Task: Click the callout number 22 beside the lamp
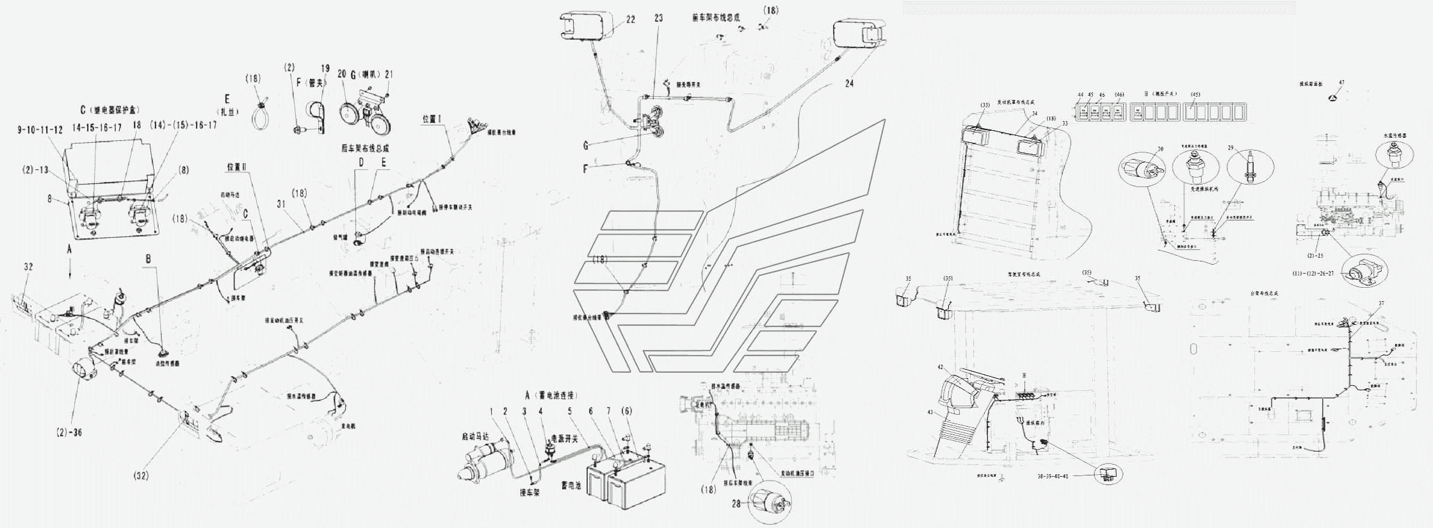coord(631,20)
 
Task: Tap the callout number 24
coord(849,83)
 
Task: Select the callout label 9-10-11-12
coord(40,130)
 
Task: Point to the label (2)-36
coord(69,433)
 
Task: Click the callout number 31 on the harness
coord(281,204)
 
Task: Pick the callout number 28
coord(736,504)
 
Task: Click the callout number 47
coord(1341,83)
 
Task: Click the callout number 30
coord(1160,149)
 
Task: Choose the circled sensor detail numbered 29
coord(1250,169)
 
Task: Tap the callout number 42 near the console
coord(940,368)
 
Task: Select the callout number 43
coord(930,413)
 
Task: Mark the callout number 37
coord(1381,303)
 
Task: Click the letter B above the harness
coord(149,260)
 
